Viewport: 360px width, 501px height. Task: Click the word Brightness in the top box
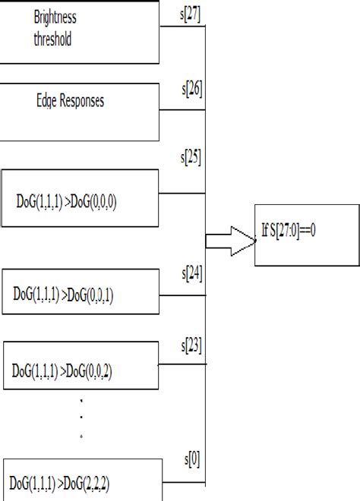pyautogui.click(x=55, y=17)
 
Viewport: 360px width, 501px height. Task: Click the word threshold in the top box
pyautogui.click(x=52, y=39)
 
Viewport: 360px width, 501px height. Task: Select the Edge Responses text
pyautogui.click(x=70, y=100)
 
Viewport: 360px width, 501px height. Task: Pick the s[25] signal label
pyautogui.click(x=191, y=159)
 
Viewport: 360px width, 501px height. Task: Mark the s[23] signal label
pyautogui.click(x=191, y=345)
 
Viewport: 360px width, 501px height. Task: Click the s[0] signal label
pyautogui.click(x=193, y=460)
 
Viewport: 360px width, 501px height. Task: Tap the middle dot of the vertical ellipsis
pyautogui.click(x=82, y=417)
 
